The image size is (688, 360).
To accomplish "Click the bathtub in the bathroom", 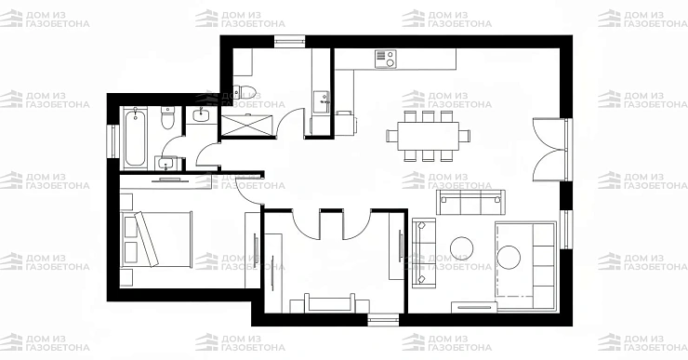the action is coord(135,139).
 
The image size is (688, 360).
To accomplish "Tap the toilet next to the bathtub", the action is coord(167,117).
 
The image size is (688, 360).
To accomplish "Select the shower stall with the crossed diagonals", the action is coord(246,127).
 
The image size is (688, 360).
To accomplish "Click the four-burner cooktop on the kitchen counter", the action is coord(385,60).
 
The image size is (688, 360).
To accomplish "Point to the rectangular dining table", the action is coord(428,136).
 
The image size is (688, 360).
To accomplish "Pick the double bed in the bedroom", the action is coord(156,240).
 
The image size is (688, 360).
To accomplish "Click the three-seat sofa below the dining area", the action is coord(470,202).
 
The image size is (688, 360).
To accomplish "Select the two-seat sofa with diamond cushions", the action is coord(423,253).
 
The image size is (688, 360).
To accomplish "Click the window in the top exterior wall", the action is coord(289,41).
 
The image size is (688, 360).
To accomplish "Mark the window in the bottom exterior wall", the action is coord(383,320).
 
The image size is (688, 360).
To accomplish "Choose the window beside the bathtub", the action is coord(113,140).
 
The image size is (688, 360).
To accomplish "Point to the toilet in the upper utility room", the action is coord(244,92).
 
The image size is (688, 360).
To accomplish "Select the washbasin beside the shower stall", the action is coord(202,115).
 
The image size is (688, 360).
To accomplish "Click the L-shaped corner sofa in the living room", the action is coord(525,266).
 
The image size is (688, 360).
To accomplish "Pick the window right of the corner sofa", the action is coord(566,230).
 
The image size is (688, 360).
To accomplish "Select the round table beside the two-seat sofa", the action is coord(461,248).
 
